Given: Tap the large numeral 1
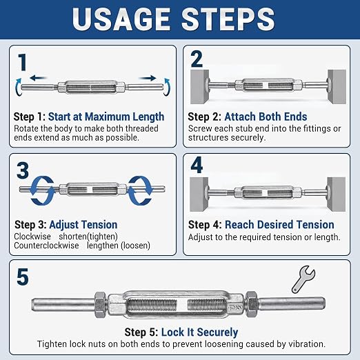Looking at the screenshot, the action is pyautogui.click(x=23, y=62).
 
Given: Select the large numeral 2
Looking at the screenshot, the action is pyautogui.click(x=197, y=59).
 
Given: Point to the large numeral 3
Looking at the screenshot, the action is pyautogui.click(x=23, y=170).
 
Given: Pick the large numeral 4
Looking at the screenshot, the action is pyautogui.click(x=197, y=165).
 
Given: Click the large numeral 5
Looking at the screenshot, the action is pyautogui.click(x=23, y=277).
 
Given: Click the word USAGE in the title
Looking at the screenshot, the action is pyautogui.click(x=121, y=19).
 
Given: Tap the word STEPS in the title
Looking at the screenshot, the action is pyautogui.click(x=228, y=19).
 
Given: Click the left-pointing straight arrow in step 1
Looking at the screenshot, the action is pyautogui.click(x=38, y=78).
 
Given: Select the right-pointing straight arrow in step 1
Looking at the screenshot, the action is pyautogui.click(x=148, y=78).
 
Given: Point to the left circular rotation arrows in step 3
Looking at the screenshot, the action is pyautogui.click(x=43, y=190).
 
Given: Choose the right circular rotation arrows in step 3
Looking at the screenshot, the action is pyautogui.click(x=140, y=190).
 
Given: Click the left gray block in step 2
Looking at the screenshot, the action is pyautogui.click(x=200, y=87).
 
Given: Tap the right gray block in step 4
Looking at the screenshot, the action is pyautogui.click(x=337, y=194).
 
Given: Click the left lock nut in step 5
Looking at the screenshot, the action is pyautogui.click(x=100, y=305).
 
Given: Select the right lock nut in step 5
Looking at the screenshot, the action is pyautogui.click(x=252, y=304).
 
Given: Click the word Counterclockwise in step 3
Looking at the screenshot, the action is pyautogui.click(x=46, y=246).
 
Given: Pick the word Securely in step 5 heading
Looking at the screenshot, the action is pyautogui.click(x=217, y=332).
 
